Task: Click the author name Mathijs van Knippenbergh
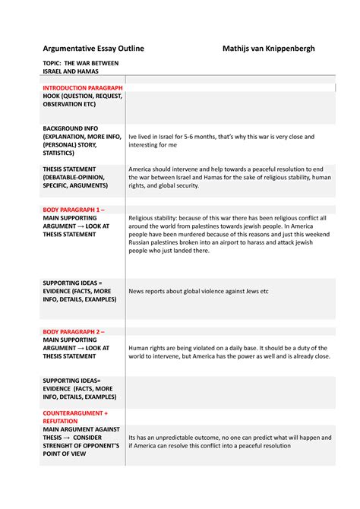tap(268, 49)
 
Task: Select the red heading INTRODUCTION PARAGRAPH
tap(82, 88)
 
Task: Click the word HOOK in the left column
tap(53, 97)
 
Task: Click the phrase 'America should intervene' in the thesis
tap(166, 169)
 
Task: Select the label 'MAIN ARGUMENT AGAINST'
tap(81, 429)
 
